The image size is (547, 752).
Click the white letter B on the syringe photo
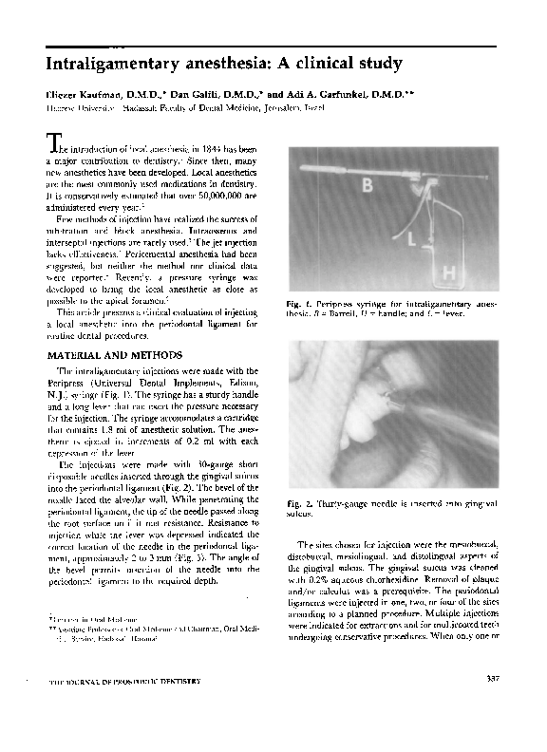tap(367, 187)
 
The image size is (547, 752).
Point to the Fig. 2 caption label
tap(300, 501)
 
